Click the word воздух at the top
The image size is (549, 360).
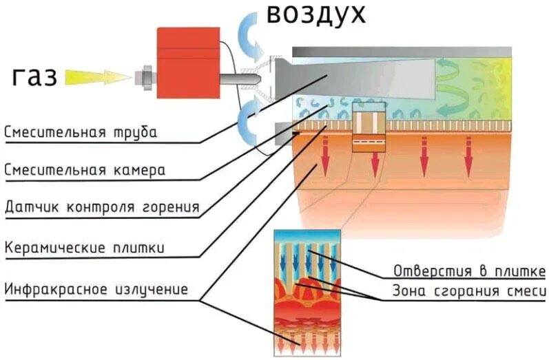[315, 14]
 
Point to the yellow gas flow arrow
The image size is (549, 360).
[96, 77]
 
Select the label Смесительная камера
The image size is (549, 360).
[85, 169]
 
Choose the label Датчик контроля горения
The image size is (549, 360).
[102, 207]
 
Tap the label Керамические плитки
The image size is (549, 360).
[85, 246]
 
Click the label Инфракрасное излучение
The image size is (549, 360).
[96, 288]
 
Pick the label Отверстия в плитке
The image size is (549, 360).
[470, 269]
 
